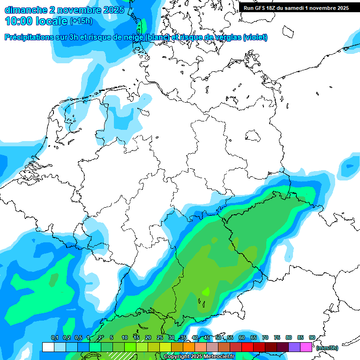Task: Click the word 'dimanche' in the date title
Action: pyautogui.click(x=25, y=10)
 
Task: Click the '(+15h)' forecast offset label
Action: pyautogui.click(x=81, y=21)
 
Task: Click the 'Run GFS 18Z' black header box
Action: pyautogui.click(x=296, y=7)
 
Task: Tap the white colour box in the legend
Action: pyautogui.click(x=48, y=347)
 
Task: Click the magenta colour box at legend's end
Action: pyautogui.click(x=306, y=347)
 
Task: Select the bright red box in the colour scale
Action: pyautogui.click(x=247, y=347)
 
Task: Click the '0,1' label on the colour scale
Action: pyautogui.click(x=54, y=337)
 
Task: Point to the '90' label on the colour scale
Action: pyautogui.click(x=312, y=337)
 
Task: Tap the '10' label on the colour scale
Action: pyautogui.click(x=125, y=337)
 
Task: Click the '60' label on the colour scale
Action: pyautogui.click(x=242, y=337)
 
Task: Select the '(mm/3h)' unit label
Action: pyautogui.click(x=327, y=348)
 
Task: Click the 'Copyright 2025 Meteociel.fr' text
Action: pyautogui.click(x=199, y=357)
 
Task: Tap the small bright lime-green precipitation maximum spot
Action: pyautogui.click(x=205, y=292)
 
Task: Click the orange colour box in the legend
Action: pyautogui.click(x=189, y=347)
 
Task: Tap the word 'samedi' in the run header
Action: pyautogui.click(x=292, y=7)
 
